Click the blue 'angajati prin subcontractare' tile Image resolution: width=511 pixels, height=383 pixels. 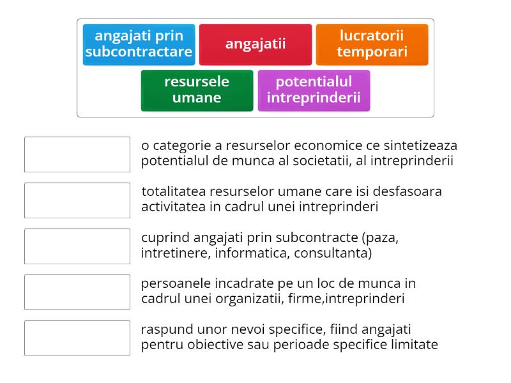coord(139,44)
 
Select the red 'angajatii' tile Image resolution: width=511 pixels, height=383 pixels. coord(256,44)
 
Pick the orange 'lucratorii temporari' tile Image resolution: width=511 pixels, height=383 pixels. coord(372,44)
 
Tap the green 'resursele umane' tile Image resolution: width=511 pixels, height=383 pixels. coord(197,90)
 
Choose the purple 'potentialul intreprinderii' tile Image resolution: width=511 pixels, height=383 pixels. coord(314,90)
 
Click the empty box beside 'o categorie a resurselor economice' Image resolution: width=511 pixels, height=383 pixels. coord(77,154)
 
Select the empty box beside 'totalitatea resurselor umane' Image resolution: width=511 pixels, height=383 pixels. coord(77,200)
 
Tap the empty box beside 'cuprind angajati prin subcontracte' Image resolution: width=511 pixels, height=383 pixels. coord(77,246)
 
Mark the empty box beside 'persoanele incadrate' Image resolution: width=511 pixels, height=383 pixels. coord(77,292)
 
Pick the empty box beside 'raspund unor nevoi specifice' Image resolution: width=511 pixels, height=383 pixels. coord(77,338)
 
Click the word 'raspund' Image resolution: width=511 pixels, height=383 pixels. coord(164,329)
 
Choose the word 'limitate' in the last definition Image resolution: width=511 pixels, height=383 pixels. coord(415,345)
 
